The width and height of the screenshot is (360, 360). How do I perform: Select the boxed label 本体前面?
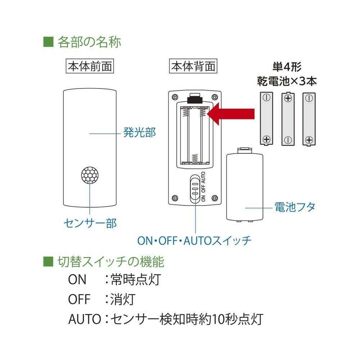click(x=90, y=67)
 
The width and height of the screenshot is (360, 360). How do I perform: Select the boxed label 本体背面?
click(x=193, y=67)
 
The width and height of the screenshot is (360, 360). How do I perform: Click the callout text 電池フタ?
click(x=295, y=207)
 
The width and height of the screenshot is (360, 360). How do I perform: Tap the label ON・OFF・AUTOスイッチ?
click(x=194, y=240)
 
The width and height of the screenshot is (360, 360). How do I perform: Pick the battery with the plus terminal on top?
click(x=287, y=119)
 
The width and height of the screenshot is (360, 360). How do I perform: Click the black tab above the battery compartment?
click(x=195, y=98)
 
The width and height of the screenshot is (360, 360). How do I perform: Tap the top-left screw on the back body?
click(x=175, y=97)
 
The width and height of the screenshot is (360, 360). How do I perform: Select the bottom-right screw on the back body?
click(x=215, y=197)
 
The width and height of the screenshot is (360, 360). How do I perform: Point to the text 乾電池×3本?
click(x=287, y=81)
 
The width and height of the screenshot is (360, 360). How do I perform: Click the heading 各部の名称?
click(x=89, y=42)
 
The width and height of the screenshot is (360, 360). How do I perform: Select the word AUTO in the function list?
click(x=84, y=319)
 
